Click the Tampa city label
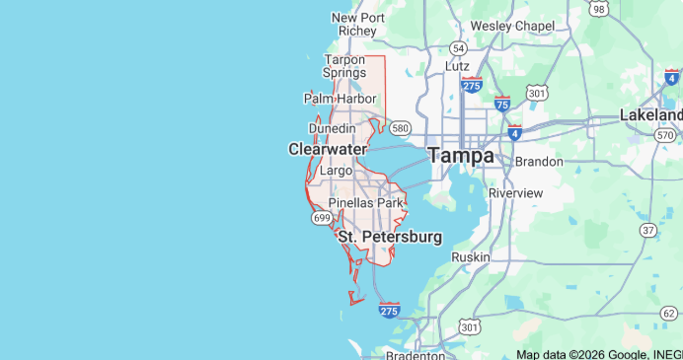[x=461, y=156]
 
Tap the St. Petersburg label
[x=390, y=237]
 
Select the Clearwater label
[x=327, y=149]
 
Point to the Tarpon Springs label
[x=345, y=66]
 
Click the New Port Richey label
[x=357, y=24]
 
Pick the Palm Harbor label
[x=341, y=99]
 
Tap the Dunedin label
[x=332, y=128]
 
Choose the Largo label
[x=337, y=172]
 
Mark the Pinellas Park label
[x=366, y=203]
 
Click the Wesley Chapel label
[x=512, y=25]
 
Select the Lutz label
[x=457, y=65]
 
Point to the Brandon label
[x=539, y=161]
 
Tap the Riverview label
[x=516, y=192]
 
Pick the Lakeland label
[x=651, y=114]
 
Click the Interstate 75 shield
[x=502, y=104]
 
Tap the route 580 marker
[x=400, y=127]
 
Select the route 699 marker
[x=321, y=217]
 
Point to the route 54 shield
[x=458, y=47]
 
